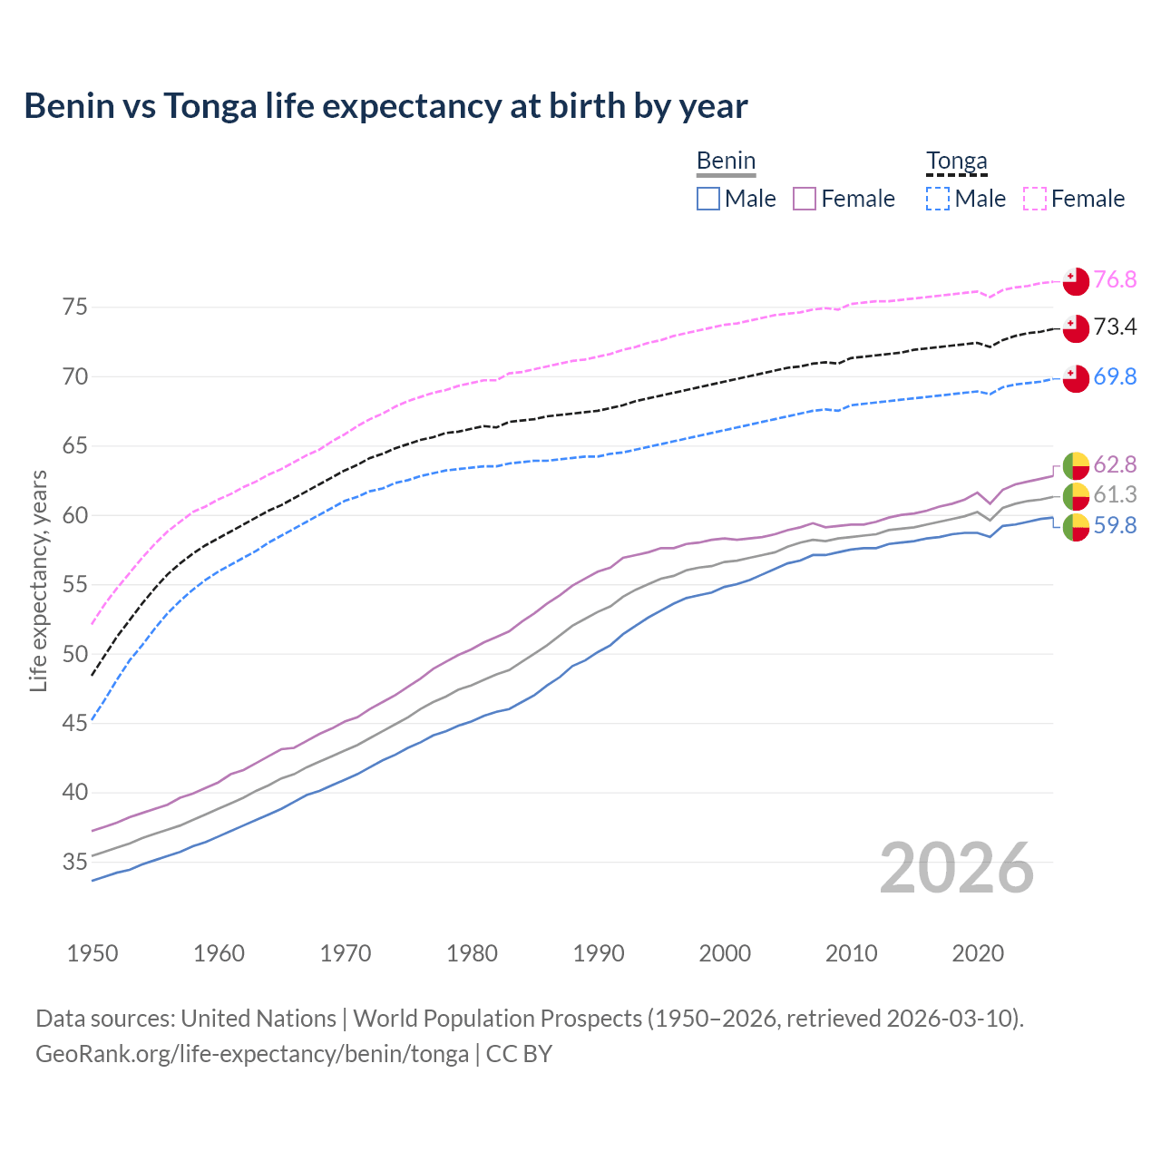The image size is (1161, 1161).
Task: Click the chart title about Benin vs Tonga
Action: click(385, 106)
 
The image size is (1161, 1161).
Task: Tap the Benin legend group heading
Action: click(726, 161)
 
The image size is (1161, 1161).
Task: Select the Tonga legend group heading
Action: click(956, 161)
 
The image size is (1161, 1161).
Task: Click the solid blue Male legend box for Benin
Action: click(708, 199)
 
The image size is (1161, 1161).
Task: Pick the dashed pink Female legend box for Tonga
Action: click(1035, 199)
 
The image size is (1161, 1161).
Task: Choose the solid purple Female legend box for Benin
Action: click(805, 199)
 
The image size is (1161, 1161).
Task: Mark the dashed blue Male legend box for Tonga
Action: click(938, 199)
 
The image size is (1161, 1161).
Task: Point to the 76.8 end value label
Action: click(1115, 279)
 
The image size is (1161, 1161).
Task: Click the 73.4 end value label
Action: click(1115, 327)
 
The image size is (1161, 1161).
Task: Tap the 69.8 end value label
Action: click(1115, 376)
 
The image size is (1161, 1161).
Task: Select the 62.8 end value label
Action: click(1115, 464)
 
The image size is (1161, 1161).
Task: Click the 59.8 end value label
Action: click(1115, 525)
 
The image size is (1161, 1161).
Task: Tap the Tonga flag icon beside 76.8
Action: click(1076, 281)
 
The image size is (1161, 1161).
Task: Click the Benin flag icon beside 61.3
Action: click(1076, 495)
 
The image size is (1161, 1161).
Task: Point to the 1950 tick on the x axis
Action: click(93, 953)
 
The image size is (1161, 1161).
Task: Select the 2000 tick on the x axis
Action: click(725, 953)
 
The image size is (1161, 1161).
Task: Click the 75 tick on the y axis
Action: click(75, 307)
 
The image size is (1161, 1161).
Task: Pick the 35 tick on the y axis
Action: click(75, 862)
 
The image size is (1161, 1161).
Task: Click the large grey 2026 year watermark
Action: click(956, 868)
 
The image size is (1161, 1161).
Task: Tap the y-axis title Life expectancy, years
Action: click(38, 580)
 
